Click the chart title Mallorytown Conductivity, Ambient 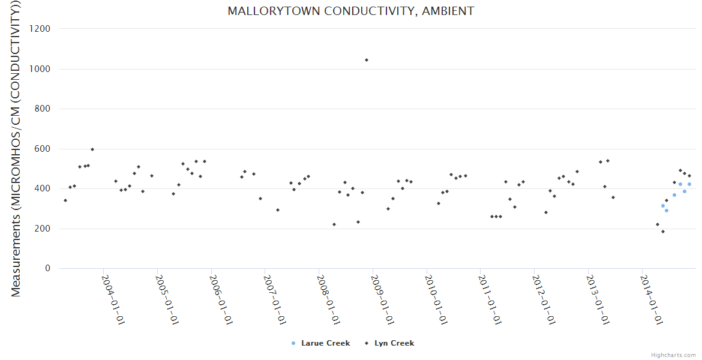pos(350,11)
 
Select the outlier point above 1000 pos(367,60)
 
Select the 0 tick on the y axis pos(47,268)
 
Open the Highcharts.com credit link pos(674,355)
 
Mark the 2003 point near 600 pos(92,149)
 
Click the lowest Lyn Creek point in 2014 pos(663,232)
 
